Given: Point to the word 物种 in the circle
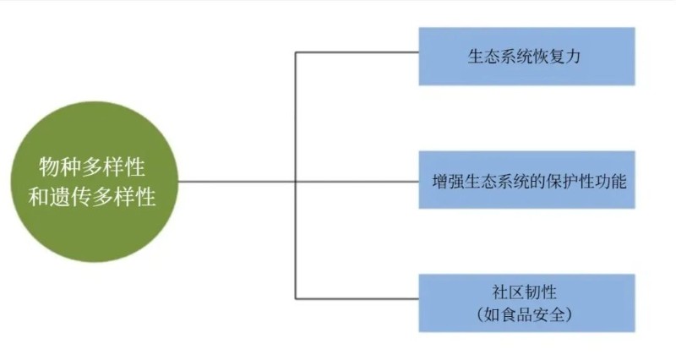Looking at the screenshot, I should (x=56, y=165).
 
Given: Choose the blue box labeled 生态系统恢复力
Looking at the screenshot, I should (x=526, y=56).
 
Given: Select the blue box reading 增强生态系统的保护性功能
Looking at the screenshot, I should (x=526, y=180).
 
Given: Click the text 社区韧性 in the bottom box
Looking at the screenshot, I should (x=526, y=292).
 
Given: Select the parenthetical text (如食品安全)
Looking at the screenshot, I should (x=526, y=315).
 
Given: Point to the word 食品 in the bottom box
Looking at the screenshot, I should (x=518, y=315).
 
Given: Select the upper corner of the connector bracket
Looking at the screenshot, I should (x=295, y=52).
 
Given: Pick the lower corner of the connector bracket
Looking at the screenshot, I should (x=295, y=298).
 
